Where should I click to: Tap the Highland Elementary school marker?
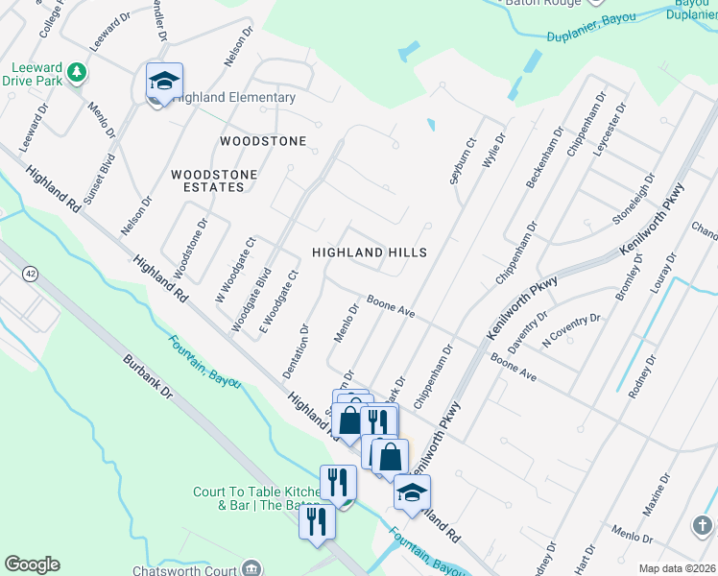(164, 82)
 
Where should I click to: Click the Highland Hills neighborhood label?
(369, 252)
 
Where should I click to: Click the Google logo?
(32, 564)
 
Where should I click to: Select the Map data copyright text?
(677, 568)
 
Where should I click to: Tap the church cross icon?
(703, 524)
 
